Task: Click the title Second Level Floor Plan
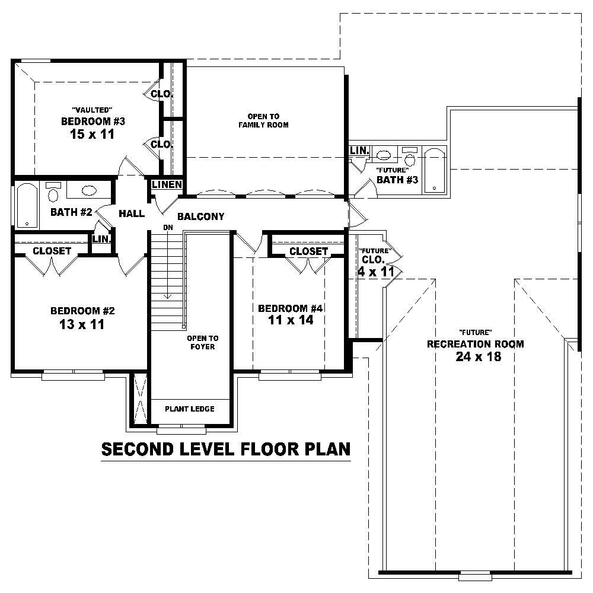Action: click(226, 449)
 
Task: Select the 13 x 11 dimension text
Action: click(82, 324)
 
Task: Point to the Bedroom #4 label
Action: click(290, 308)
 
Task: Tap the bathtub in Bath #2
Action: click(25, 205)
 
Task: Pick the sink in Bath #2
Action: click(89, 191)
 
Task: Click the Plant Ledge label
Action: click(189, 409)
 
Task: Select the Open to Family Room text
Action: click(263, 120)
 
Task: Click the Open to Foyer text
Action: click(202, 342)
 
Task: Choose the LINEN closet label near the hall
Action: click(167, 185)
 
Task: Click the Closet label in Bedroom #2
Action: click(52, 251)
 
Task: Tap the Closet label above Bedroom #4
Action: click(308, 251)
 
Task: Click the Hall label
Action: click(131, 213)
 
